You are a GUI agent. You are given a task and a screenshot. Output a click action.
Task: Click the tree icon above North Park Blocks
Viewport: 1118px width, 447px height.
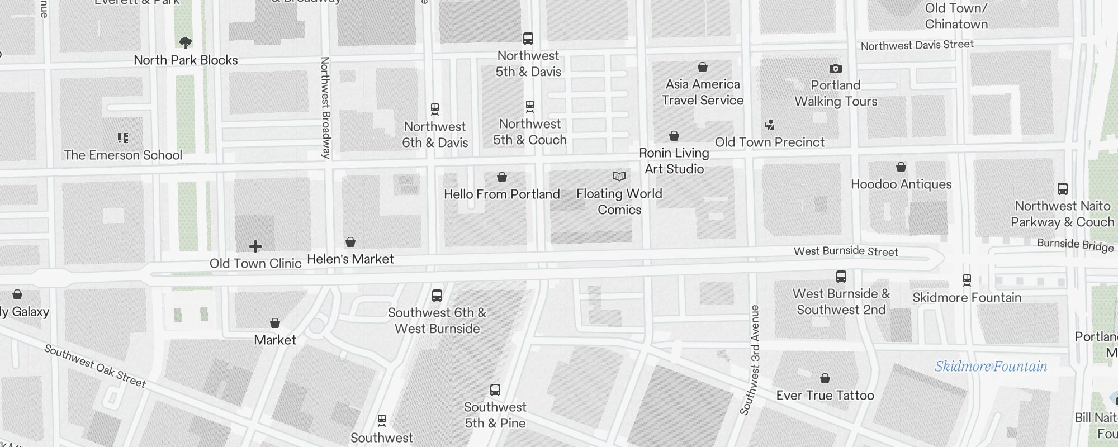click(186, 42)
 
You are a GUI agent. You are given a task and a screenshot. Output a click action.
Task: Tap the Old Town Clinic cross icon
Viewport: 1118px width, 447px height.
click(255, 246)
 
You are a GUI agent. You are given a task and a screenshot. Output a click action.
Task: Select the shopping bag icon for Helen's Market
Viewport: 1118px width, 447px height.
click(350, 242)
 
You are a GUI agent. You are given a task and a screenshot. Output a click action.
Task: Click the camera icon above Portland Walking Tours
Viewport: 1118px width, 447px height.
click(836, 68)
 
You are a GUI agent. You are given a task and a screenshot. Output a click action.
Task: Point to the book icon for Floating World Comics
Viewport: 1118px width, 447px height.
click(619, 177)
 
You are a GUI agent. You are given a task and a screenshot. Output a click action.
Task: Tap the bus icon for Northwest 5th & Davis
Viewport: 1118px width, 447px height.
click(528, 39)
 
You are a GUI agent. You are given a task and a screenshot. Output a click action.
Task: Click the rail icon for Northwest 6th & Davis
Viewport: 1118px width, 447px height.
click(435, 109)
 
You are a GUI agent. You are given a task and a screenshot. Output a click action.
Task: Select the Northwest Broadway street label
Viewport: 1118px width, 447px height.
click(325, 107)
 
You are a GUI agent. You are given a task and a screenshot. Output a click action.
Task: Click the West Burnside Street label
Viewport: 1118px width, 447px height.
click(846, 251)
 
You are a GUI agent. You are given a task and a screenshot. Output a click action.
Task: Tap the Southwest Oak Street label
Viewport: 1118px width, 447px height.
click(95, 367)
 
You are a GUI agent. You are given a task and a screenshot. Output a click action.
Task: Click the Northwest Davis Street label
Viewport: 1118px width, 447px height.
click(917, 45)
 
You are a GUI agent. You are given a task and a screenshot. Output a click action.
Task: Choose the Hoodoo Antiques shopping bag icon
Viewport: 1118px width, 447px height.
click(901, 167)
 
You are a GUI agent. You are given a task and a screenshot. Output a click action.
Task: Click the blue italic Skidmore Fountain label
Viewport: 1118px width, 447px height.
click(991, 367)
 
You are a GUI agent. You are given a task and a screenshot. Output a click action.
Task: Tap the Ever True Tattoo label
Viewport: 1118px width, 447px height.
click(825, 396)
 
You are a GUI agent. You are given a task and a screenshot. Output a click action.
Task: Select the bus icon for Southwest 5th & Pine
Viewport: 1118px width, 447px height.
click(495, 390)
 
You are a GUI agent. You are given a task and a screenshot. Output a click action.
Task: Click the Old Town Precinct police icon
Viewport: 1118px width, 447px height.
click(770, 125)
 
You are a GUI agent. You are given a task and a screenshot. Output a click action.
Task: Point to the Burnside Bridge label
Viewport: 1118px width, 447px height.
click(1076, 245)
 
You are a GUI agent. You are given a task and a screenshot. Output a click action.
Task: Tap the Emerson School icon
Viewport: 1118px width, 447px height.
click(123, 137)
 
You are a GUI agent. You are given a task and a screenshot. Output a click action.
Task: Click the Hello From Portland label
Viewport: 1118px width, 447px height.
click(501, 194)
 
